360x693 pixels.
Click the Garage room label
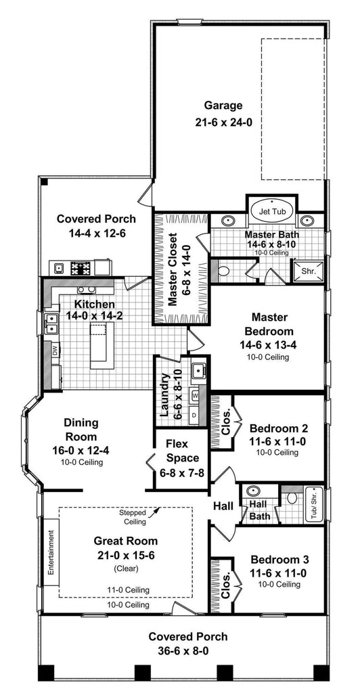pyautogui.click(x=223, y=106)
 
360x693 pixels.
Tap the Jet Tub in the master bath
pyautogui.click(x=269, y=210)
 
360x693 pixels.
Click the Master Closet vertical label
pyautogui.click(x=173, y=269)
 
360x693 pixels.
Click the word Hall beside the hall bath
pyautogui.click(x=224, y=506)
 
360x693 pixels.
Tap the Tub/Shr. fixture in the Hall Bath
pyautogui.click(x=313, y=503)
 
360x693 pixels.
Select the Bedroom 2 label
pyautogui.click(x=279, y=428)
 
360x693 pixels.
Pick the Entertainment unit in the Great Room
pyautogui.click(x=51, y=552)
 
